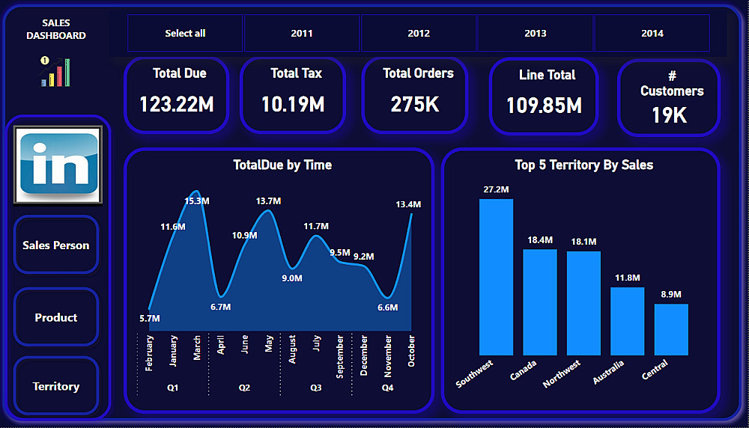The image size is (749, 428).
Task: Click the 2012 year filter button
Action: (419, 33)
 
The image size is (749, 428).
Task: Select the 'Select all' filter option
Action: (185, 33)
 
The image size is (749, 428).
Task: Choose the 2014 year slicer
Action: (652, 33)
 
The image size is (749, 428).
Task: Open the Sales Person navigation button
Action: (56, 245)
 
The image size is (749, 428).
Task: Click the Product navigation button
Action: (56, 317)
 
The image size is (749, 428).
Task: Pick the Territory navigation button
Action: (56, 386)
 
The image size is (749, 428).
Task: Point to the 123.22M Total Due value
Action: (177, 104)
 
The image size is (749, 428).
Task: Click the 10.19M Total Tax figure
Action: (293, 104)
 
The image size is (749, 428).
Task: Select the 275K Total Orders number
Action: (415, 104)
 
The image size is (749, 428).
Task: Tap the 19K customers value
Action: (669, 115)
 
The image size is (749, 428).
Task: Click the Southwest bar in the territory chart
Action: (496, 277)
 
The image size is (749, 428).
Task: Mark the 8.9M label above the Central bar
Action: (671, 294)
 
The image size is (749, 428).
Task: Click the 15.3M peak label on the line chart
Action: (196, 201)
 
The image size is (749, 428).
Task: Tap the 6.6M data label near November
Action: (387, 308)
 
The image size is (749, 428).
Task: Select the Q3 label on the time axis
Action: (316, 388)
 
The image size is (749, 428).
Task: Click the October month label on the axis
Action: (412, 351)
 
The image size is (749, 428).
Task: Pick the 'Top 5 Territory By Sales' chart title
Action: (583, 165)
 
